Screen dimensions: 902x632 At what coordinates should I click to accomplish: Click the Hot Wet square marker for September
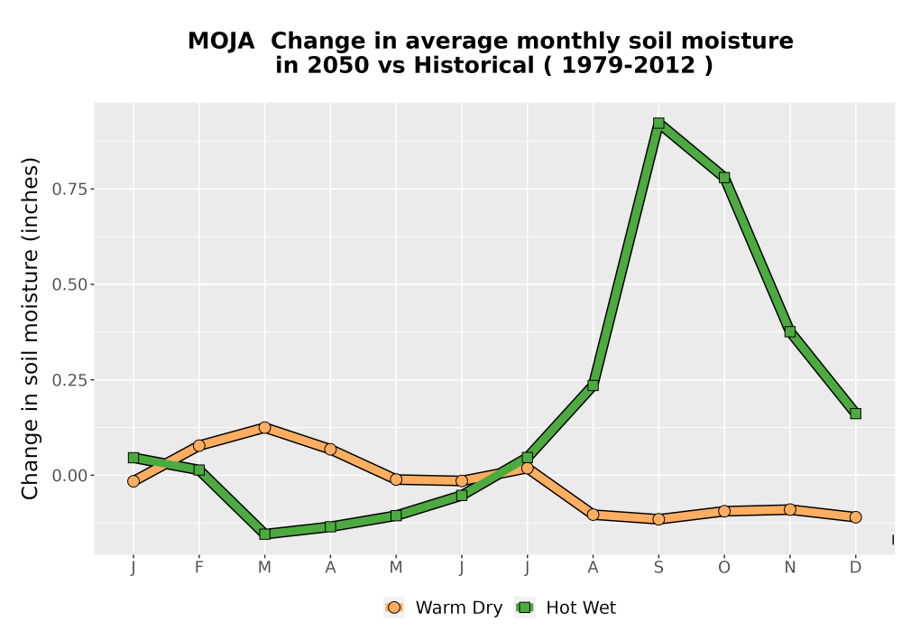coord(658,123)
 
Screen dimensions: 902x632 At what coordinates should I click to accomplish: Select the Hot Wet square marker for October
coord(724,177)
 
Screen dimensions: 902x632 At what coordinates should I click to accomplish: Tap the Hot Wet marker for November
coord(790,331)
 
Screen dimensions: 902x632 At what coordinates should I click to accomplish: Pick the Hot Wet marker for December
coord(855,414)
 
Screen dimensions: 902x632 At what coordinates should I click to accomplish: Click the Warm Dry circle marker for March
coord(264,428)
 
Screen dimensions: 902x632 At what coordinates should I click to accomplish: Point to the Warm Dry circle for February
coord(199,445)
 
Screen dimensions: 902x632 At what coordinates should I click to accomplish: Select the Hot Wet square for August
coord(594,386)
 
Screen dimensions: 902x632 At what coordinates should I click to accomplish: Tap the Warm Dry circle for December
coord(855,517)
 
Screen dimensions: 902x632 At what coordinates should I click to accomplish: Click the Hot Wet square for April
coord(330,526)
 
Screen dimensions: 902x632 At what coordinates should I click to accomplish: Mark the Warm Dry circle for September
coord(658,519)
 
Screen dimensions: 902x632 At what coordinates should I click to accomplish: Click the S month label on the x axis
coord(658,568)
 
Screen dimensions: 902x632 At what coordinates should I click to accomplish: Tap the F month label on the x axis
coord(199,568)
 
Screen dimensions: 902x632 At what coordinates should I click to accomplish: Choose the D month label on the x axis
coord(855,568)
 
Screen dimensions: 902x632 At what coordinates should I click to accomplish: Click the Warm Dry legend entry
coord(443,608)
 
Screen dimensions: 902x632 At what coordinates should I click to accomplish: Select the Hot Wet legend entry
coord(566,608)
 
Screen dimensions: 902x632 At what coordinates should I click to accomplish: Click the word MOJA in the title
coord(221,42)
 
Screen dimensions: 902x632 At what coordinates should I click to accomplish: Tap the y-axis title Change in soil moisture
coord(30,328)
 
